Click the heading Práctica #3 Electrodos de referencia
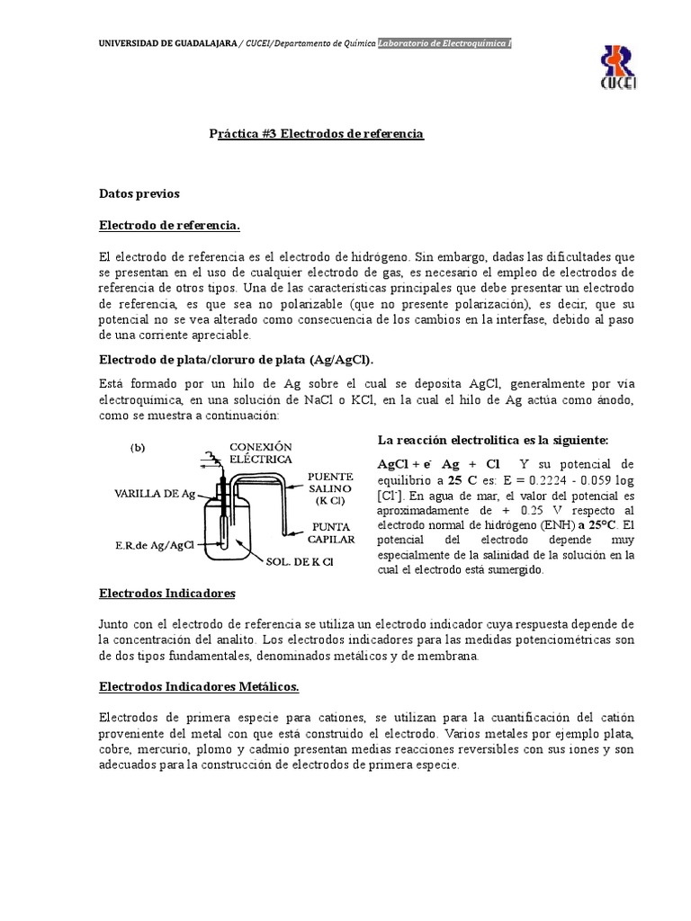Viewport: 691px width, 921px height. pos(316,133)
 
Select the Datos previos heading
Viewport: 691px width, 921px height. pos(139,192)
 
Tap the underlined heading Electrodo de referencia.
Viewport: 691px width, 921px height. pos(169,224)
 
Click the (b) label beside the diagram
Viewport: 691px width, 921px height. pos(139,446)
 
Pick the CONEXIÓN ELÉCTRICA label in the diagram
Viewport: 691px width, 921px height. pos(262,452)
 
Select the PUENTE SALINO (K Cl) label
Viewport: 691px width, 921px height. pos(330,487)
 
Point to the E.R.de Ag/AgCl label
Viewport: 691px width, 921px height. pos(155,544)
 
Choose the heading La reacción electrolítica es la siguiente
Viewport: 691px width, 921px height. pos(492,440)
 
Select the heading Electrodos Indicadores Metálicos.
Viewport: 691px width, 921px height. pos(198,685)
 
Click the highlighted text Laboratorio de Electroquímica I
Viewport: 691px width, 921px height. pos(444,43)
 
